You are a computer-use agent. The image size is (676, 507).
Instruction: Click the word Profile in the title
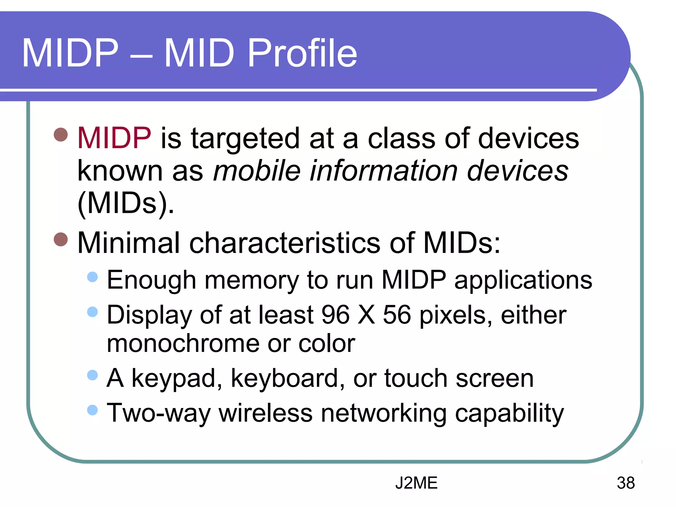302,53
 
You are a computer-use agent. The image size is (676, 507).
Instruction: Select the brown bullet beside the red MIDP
61,134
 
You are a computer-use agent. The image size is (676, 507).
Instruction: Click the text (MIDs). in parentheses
125,204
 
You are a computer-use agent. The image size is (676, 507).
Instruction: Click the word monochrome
183,344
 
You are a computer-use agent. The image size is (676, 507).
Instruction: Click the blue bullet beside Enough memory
93,277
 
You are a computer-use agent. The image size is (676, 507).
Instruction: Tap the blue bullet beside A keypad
93,375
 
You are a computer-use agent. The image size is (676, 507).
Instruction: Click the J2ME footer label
416,483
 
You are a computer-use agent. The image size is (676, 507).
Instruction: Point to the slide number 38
625,483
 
